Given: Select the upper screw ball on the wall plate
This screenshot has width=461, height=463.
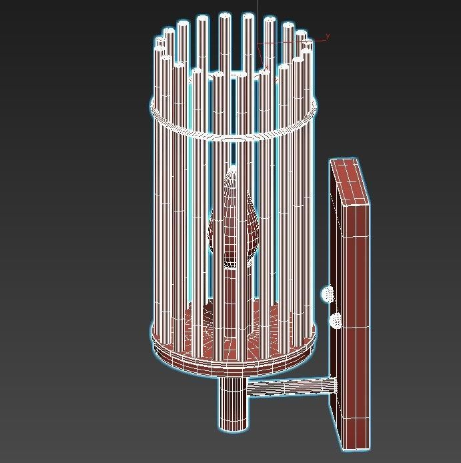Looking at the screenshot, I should (328, 293).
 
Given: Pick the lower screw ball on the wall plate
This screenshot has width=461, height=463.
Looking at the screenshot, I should (336, 320).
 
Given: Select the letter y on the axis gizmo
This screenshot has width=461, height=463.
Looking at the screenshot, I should (328, 37).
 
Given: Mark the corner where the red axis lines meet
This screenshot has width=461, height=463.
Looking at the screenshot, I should (258, 42).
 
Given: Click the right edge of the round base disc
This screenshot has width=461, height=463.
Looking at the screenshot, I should (316, 338).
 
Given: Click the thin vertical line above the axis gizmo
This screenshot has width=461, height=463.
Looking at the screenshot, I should (257, 17).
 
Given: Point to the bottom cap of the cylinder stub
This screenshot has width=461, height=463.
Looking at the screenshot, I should (234, 427).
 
